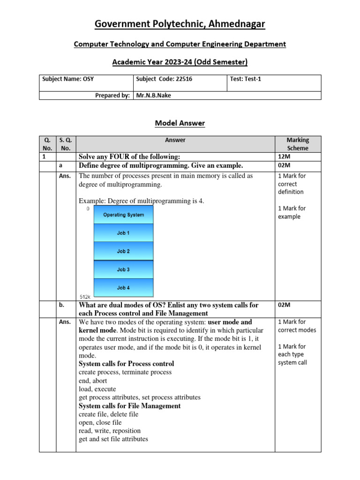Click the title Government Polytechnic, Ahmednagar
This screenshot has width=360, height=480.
(x=180, y=24)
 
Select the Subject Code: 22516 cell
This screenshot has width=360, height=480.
(x=164, y=79)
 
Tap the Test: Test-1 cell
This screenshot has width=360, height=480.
(x=246, y=79)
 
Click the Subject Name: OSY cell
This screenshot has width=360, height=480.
(x=68, y=79)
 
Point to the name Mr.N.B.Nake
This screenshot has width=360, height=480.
(x=154, y=95)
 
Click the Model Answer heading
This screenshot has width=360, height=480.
(x=180, y=123)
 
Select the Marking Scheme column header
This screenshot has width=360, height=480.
(x=298, y=144)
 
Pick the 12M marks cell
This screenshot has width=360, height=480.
(x=284, y=156)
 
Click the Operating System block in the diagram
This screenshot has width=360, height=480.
(x=124, y=215)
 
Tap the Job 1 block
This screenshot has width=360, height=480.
(x=124, y=232)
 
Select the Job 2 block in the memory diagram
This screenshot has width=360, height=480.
(x=124, y=251)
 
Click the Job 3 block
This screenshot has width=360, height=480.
(x=124, y=270)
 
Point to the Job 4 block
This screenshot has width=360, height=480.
(x=124, y=287)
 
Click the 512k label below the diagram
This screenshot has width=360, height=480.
(x=84, y=296)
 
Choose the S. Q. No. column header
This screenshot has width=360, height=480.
(x=66, y=144)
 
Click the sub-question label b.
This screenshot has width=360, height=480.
(x=61, y=305)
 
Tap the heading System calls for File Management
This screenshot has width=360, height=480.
(x=129, y=406)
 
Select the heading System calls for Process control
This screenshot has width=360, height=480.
(x=126, y=364)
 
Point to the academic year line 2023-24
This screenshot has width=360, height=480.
(x=180, y=62)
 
